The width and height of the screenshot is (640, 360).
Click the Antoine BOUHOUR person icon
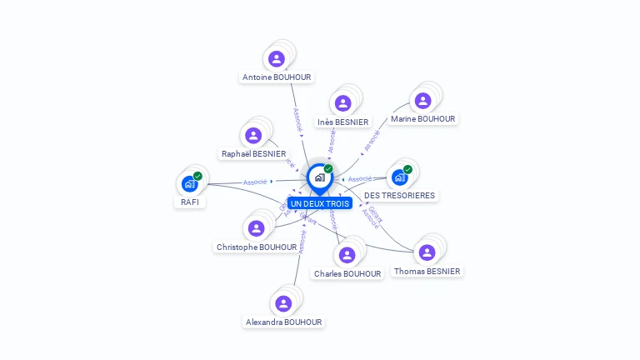coord(277,58)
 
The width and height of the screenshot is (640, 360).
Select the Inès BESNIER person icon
coord(342,103)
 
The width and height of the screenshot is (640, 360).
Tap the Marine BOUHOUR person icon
coord(422,101)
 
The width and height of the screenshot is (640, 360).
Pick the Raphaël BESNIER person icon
coord(252,135)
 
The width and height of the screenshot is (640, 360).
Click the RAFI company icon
coord(190,183)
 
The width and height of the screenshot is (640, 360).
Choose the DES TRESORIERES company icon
coord(400,177)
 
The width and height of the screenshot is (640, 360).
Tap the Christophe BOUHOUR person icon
coord(256,228)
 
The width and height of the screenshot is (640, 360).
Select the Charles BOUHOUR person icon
coord(347,255)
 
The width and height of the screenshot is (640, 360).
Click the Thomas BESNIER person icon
coord(427,252)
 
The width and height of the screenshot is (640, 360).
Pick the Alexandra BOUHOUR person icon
coord(283,303)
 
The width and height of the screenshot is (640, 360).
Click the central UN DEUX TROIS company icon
coord(319,177)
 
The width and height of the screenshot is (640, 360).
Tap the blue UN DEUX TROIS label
coord(320,203)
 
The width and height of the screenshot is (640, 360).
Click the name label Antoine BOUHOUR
coord(277,77)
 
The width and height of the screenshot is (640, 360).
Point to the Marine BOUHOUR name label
coord(423,119)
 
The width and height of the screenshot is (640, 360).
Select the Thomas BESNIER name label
coord(427,272)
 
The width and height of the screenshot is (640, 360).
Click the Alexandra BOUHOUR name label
coord(283,322)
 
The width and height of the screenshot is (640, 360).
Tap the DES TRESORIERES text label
coord(400,196)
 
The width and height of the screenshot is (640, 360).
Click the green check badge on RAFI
coord(197,176)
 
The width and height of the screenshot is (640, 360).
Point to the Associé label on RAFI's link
coord(255,182)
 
